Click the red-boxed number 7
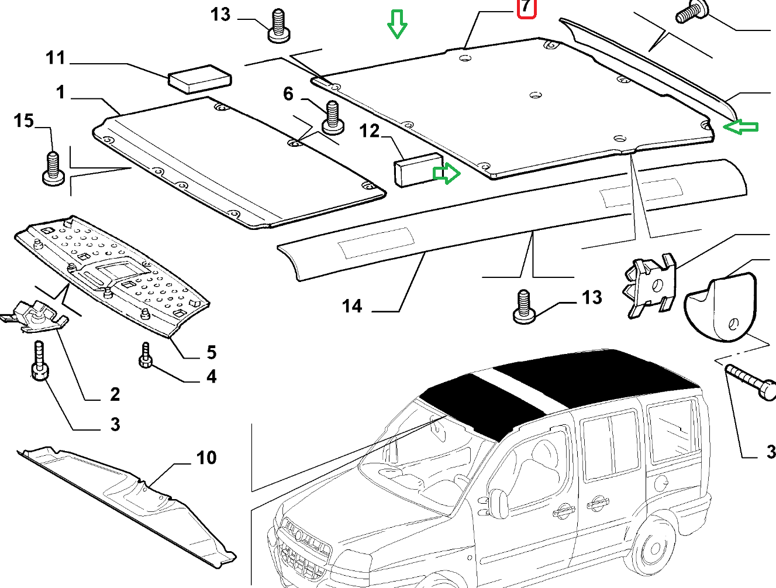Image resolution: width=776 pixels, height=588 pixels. [x=526, y=8]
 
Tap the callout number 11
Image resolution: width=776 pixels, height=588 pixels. [x=56, y=58]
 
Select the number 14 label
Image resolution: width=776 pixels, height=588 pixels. [x=352, y=306]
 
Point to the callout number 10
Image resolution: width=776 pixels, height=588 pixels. [x=206, y=457]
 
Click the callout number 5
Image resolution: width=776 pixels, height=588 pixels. [x=211, y=352]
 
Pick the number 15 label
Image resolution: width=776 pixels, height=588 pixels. [x=24, y=121]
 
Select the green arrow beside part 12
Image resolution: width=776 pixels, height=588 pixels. [x=446, y=173]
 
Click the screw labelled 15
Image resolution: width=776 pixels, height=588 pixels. [x=53, y=169]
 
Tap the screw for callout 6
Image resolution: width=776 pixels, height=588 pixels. [x=332, y=116]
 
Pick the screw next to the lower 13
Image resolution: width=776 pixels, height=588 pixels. [x=524, y=307]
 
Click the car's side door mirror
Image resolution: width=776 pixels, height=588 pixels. [x=499, y=503]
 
